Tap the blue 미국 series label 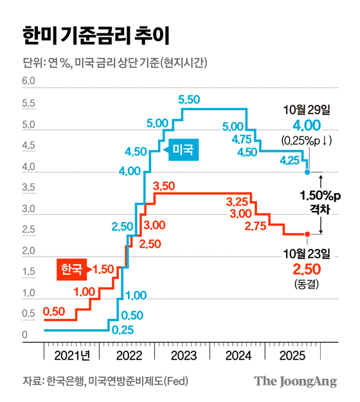tap(184, 151)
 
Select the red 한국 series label tap(71, 270)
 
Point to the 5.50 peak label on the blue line tap(190, 99)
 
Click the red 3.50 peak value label tap(164, 186)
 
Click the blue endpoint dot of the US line tap(307, 172)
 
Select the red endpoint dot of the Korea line tap(307, 234)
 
